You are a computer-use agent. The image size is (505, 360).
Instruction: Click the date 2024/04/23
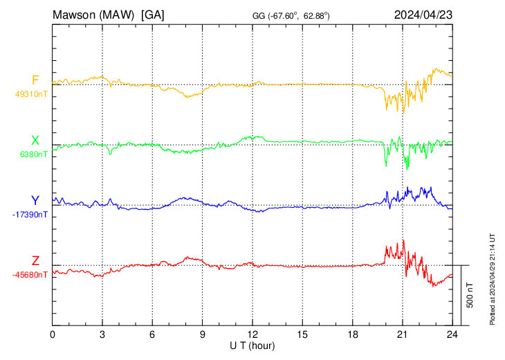pos(423,14)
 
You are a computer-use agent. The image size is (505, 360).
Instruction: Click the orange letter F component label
pos(35,80)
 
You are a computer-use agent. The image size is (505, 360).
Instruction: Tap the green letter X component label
pos(35,141)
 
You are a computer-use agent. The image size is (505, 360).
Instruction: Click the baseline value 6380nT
pos(32,154)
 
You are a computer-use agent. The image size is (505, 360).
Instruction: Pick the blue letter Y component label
pos(35,201)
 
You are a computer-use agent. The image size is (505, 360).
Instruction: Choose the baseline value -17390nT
pos(30,215)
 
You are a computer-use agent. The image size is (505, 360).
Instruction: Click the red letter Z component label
pos(35,261)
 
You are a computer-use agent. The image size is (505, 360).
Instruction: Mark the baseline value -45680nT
pos(30,275)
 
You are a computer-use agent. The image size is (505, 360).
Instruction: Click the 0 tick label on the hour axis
pos(53,334)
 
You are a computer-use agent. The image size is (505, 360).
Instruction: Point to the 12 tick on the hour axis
pos(252,334)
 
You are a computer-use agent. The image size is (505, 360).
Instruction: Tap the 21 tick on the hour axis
pos(402,334)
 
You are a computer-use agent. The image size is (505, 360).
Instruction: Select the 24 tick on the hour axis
pos(452,334)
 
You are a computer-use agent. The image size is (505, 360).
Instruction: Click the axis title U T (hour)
pos(252,345)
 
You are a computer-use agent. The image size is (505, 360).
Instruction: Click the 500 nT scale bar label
pos(470,295)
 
